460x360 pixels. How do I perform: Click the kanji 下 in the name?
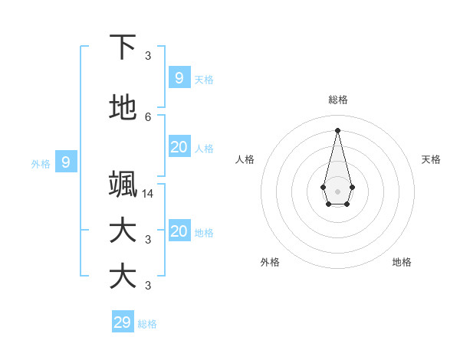tap(123, 47)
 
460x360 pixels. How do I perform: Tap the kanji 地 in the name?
tap(123, 109)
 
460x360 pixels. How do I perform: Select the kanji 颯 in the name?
tap(123, 185)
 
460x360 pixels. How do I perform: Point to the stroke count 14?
tap(148, 193)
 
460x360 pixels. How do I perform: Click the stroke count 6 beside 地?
tap(148, 116)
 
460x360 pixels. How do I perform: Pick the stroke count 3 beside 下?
tap(148, 55)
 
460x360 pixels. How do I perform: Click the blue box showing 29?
tap(123, 322)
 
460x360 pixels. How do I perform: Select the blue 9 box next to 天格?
tap(179, 78)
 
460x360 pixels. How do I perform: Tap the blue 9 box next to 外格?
tap(66, 162)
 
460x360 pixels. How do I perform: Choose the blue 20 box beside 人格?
tap(179, 147)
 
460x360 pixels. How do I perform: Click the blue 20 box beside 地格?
tap(179, 231)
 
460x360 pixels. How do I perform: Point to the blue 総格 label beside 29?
tap(147, 324)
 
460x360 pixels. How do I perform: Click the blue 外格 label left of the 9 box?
tap(41, 163)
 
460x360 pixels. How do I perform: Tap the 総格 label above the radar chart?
tap(338, 100)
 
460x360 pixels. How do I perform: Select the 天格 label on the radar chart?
tap(431, 159)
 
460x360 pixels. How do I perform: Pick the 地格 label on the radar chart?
tap(402, 262)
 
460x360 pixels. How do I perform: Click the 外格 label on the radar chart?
tap(270, 262)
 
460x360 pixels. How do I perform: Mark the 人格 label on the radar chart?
tap(245, 159)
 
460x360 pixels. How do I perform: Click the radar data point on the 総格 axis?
tap(337, 129)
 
